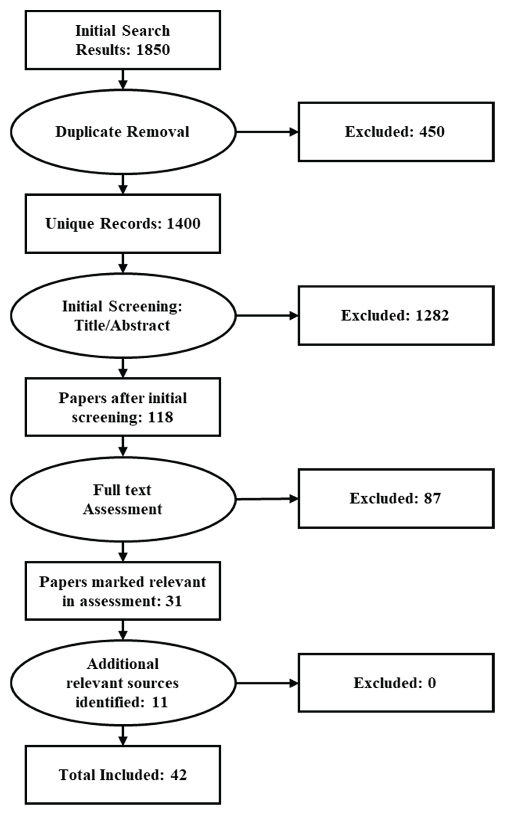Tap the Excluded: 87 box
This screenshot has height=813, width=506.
[x=396, y=499]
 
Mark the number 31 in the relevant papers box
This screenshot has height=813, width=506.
[x=174, y=601]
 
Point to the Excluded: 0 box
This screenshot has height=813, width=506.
[x=396, y=683]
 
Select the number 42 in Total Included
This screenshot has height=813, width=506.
[x=178, y=775]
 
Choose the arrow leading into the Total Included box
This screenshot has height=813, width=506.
[x=123, y=736]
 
